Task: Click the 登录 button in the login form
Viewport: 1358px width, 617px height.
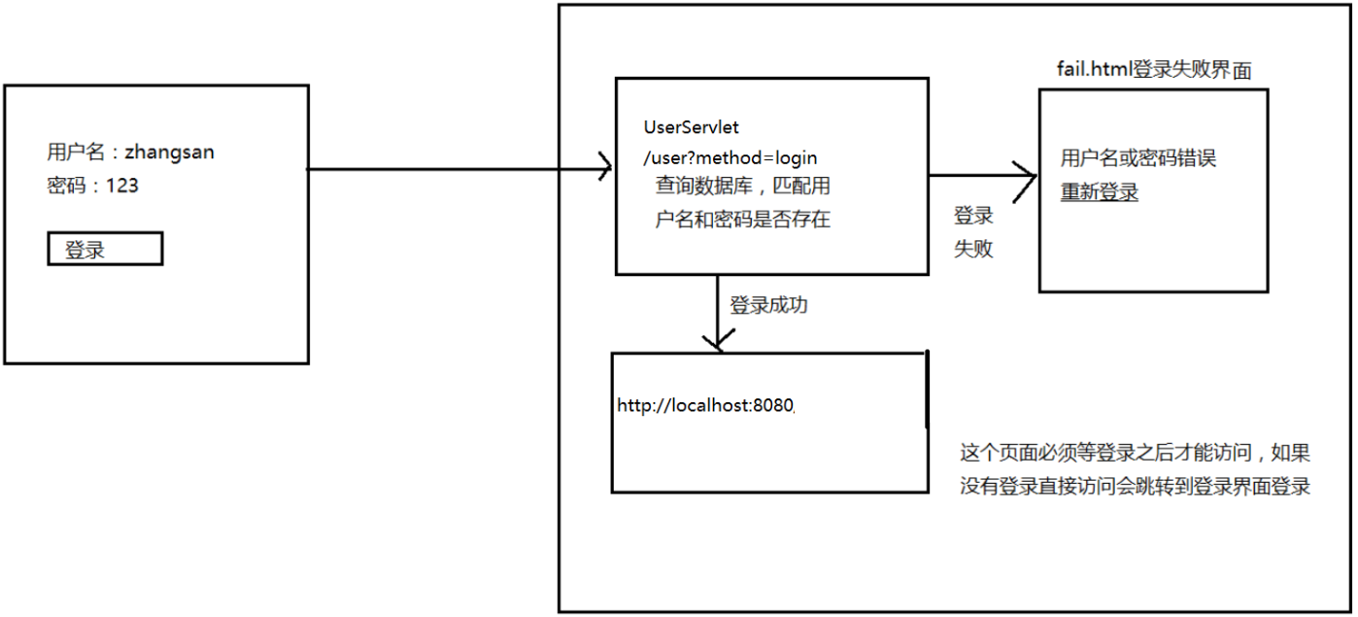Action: tap(105, 250)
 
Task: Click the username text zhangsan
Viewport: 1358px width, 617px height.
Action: tap(169, 153)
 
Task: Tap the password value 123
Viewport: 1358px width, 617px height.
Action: tap(122, 186)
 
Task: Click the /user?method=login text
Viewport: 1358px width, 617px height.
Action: tap(730, 157)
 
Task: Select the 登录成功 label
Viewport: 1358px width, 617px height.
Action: tap(768, 304)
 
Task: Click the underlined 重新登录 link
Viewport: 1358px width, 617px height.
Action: tap(1099, 191)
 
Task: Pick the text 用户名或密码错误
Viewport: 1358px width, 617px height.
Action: tap(1137, 158)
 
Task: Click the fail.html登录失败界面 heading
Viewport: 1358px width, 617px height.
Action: tap(1153, 69)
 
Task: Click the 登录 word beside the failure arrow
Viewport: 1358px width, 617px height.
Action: tap(972, 216)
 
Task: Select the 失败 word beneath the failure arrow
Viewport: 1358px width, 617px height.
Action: tap(972, 248)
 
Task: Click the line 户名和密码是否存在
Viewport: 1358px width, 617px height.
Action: tap(742, 218)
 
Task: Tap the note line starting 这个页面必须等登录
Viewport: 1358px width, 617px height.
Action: tap(1135, 453)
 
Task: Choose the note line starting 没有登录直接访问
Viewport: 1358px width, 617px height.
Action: tap(1135, 486)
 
